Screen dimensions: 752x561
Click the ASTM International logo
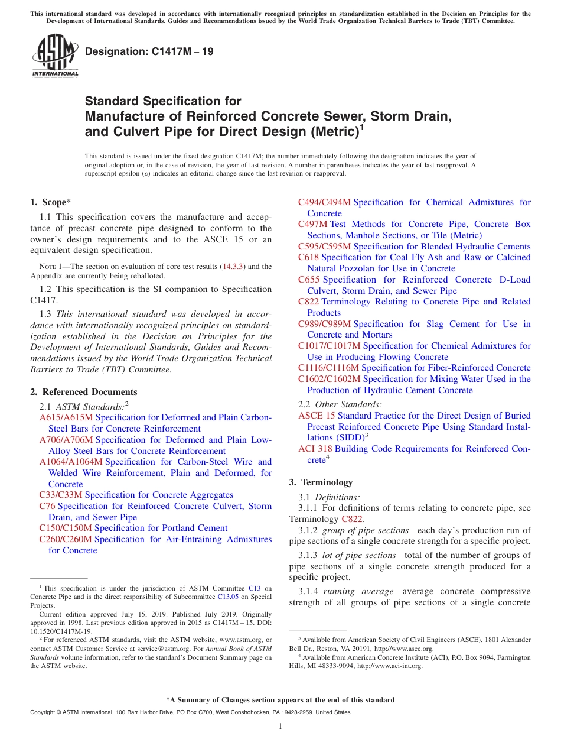click(55, 56)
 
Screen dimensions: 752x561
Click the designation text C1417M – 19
click(149, 52)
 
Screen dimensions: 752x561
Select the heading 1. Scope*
click(51, 202)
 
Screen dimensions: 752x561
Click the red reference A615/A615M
click(66, 417)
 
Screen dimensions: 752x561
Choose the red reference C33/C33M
click(61, 495)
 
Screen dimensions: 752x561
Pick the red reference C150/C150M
click(66, 528)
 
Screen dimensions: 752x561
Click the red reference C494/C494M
click(324, 202)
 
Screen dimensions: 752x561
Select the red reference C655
click(308, 280)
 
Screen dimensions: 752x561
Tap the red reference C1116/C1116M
click(328, 368)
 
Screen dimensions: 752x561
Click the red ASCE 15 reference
click(317, 416)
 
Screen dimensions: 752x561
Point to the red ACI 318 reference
click(315, 449)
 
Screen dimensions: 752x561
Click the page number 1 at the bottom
click(280, 726)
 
